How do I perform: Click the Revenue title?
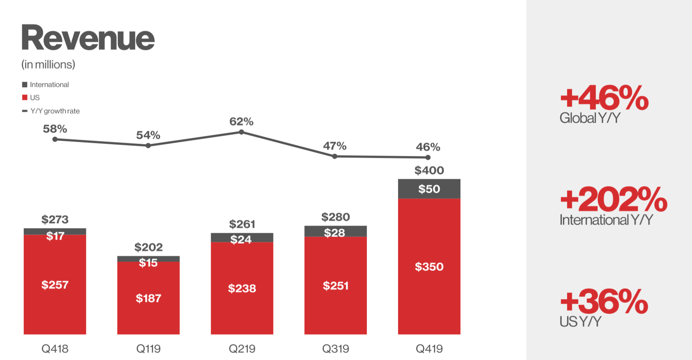(88, 38)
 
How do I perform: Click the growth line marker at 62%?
(242, 132)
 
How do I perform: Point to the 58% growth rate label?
(55, 129)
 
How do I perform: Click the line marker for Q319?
(335, 156)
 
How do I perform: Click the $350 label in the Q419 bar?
(429, 267)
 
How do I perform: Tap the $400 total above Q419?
(429, 170)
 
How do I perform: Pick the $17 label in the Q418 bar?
(55, 236)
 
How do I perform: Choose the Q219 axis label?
(242, 348)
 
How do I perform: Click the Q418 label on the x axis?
(55, 348)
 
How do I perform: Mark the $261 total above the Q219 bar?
(242, 224)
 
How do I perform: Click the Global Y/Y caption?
(590, 118)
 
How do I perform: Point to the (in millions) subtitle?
(48, 65)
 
